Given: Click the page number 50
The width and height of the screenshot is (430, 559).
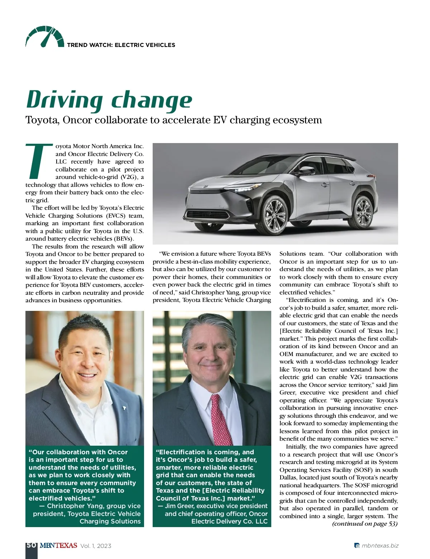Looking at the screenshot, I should pos(31,545).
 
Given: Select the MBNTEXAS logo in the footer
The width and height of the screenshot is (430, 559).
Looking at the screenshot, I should pos(58,546).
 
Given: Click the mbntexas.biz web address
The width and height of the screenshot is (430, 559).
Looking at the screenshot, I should pos(380,546).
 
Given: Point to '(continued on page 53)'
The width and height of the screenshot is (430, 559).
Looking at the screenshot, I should pos(365,524).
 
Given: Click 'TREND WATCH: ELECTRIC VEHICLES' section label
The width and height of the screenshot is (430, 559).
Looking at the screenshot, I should pos(121,45).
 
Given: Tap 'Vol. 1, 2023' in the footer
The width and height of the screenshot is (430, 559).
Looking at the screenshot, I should pos(96,546).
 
